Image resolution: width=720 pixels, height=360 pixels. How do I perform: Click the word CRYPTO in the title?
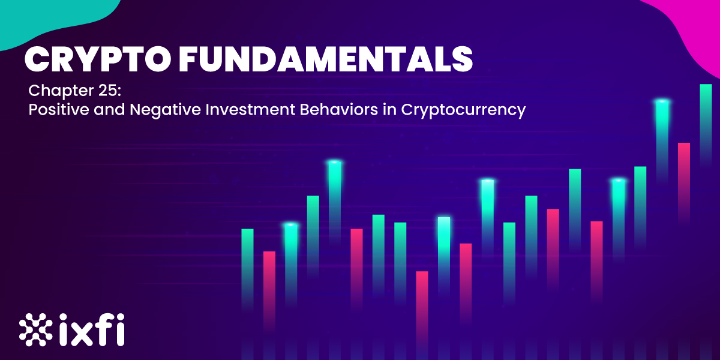(97, 59)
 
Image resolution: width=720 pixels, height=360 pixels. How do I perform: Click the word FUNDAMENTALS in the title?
(326, 59)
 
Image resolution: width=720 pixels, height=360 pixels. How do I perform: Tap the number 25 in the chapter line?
(107, 91)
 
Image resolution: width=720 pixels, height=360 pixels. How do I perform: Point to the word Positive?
(59, 109)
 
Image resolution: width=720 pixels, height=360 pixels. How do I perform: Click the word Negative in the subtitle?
(165, 110)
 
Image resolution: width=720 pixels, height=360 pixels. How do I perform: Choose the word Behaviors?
(339, 109)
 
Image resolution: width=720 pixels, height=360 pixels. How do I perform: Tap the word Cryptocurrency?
(463, 110)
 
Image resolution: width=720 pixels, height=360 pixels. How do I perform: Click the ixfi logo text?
(92, 329)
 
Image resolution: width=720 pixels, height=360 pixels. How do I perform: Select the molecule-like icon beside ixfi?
(35, 329)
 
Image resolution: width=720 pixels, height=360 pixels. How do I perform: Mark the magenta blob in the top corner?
(691, 29)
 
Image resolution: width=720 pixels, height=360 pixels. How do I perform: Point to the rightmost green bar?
(706, 125)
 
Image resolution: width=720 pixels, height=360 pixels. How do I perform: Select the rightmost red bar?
(684, 183)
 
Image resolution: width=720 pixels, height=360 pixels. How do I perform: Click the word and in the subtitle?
(109, 109)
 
